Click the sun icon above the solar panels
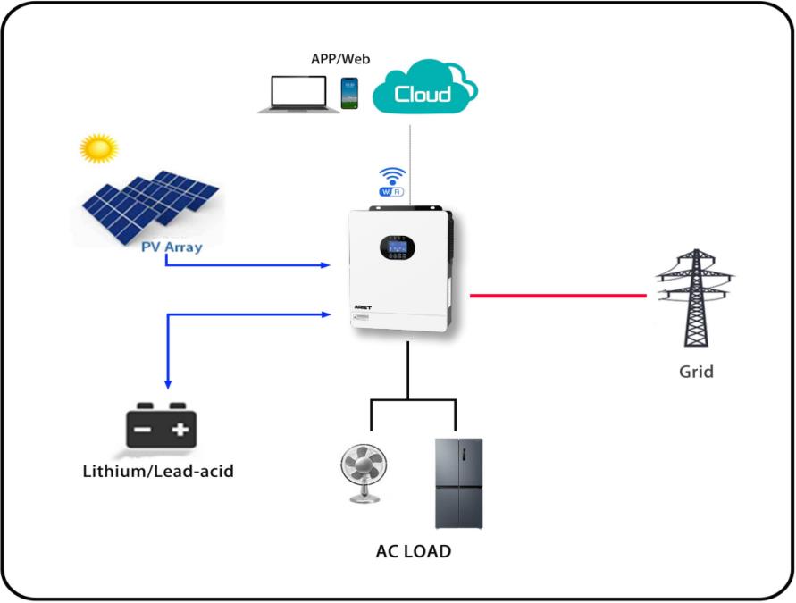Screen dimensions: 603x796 pos(98,148)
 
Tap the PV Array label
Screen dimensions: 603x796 pos(172,247)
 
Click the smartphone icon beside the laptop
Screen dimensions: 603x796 pos(348,93)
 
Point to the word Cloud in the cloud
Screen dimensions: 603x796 pos(423,93)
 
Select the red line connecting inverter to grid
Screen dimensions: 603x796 pos(557,295)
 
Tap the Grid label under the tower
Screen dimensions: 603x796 pos(696,371)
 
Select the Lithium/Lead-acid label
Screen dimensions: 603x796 pos(157,470)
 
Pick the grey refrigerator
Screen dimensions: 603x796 pos(458,482)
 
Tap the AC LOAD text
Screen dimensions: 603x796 pos(414,551)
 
